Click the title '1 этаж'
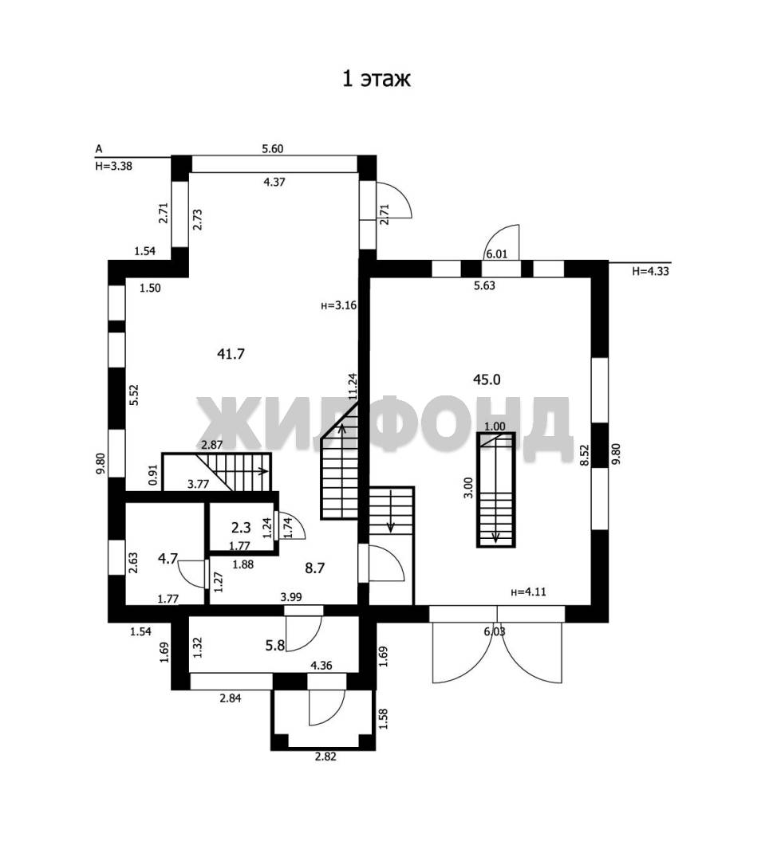(377, 78)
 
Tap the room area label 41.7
(231, 354)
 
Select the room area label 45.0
(487, 379)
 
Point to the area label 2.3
(241, 528)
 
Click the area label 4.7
(168, 558)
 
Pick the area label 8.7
(315, 568)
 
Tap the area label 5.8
(274, 645)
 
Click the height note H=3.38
(114, 166)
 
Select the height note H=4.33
(650, 271)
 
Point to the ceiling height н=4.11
(528, 592)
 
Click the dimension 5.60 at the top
(273, 149)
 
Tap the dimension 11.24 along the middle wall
(353, 386)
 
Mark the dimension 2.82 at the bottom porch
(325, 756)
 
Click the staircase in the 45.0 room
(496, 489)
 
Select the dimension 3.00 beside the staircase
(468, 488)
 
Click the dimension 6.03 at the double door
(495, 631)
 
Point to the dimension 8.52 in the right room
(585, 455)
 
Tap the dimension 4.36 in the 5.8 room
(321, 666)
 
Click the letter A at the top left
(99, 149)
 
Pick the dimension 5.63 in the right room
(484, 285)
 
